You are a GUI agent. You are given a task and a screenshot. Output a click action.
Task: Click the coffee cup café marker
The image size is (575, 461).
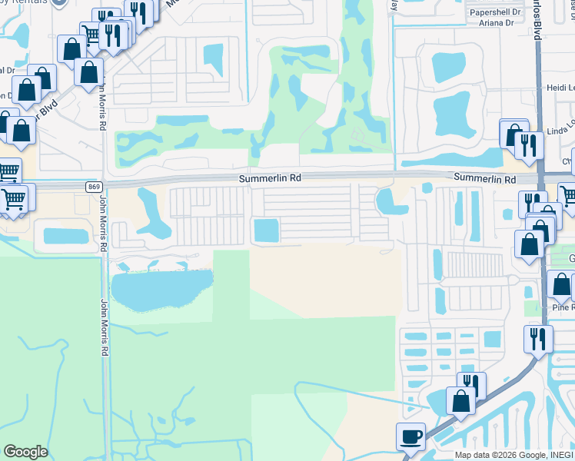click(x=410, y=436)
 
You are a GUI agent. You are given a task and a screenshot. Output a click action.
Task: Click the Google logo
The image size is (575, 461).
click(x=25, y=452)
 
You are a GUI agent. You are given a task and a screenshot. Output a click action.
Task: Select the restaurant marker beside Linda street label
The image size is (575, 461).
click(x=529, y=144)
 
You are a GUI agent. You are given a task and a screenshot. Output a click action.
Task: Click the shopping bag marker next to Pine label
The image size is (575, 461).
click(x=561, y=286)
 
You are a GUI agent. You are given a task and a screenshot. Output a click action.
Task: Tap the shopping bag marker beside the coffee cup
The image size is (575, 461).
click(x=460, y=401)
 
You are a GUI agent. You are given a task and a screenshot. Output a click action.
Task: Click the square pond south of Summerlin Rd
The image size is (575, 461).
click(x=266, y=229)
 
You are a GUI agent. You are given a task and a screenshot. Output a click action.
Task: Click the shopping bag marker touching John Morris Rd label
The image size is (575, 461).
click(x=89, y=72)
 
